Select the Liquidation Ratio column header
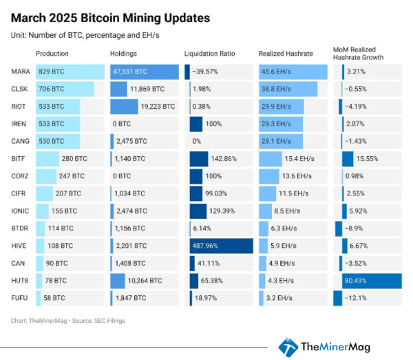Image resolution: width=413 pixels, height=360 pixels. (x=211, y=53)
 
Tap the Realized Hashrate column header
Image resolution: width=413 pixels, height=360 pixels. (x=286, y=53)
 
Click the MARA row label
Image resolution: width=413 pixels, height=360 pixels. (x=20, y=72)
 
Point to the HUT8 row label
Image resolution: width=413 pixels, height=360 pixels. (x=20, y=280)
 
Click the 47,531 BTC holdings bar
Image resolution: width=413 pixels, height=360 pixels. (x=144, y=72)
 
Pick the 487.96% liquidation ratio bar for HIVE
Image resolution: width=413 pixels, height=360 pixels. (x=221, y=246)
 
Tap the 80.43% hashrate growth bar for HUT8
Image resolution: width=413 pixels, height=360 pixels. (x=371, y=281)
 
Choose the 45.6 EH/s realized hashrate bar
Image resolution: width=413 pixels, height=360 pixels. (x=293, y=72)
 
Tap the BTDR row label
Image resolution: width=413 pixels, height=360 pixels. (x=20, y=228)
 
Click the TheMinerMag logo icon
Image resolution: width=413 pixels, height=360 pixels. (x=288, y=346)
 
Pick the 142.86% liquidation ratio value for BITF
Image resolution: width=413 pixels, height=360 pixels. (x=224, y=159)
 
